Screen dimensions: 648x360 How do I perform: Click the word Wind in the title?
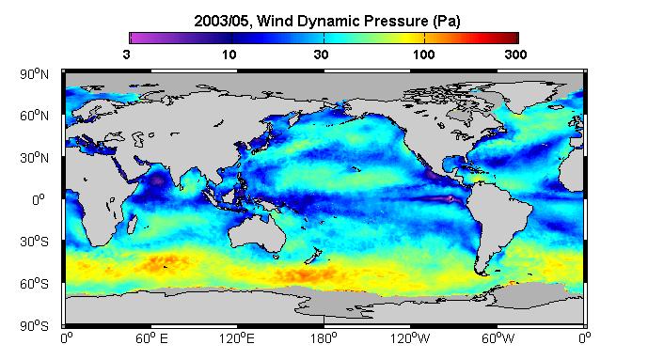pyautogui.click(x=275, y=21)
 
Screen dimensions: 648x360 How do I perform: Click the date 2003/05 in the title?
pyautogui.click(x=222, y=21)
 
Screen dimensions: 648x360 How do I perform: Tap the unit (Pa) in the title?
pyautogui.click(x=447, y=21)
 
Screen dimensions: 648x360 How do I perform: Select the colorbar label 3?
pyautogui.click(x=126, y=55)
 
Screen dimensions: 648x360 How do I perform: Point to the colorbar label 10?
pyautogui.click(x=229, y=55)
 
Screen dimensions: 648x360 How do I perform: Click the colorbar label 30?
pyautogui.click(x=321, y=55)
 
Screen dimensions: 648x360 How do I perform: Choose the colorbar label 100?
pyautogui.click(x=423, y=55)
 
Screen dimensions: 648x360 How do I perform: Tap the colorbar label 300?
pyautogui.click(x=515, y=55)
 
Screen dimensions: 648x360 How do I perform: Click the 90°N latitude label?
pyautogui.click(x=34, y=74)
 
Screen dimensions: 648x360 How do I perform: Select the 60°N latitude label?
pyautogui.click(x=34, y=116)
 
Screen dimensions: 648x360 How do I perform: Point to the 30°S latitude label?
pyautogui.click(x=34, y=242)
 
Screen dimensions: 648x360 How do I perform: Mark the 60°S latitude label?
pyautogui.click(x=34, y=284)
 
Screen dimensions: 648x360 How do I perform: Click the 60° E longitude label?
pyautogui.click(x=151, y=338)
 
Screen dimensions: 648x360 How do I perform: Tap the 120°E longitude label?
pyautogui.click(x=237, y=338)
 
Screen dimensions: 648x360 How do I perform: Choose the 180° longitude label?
pyautogui.click(x=324, y=338)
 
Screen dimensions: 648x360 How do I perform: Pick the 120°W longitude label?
pyautogui.click(x=410, y=338)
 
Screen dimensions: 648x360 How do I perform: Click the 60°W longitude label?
pyautogui.click(x=498, y=338)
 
